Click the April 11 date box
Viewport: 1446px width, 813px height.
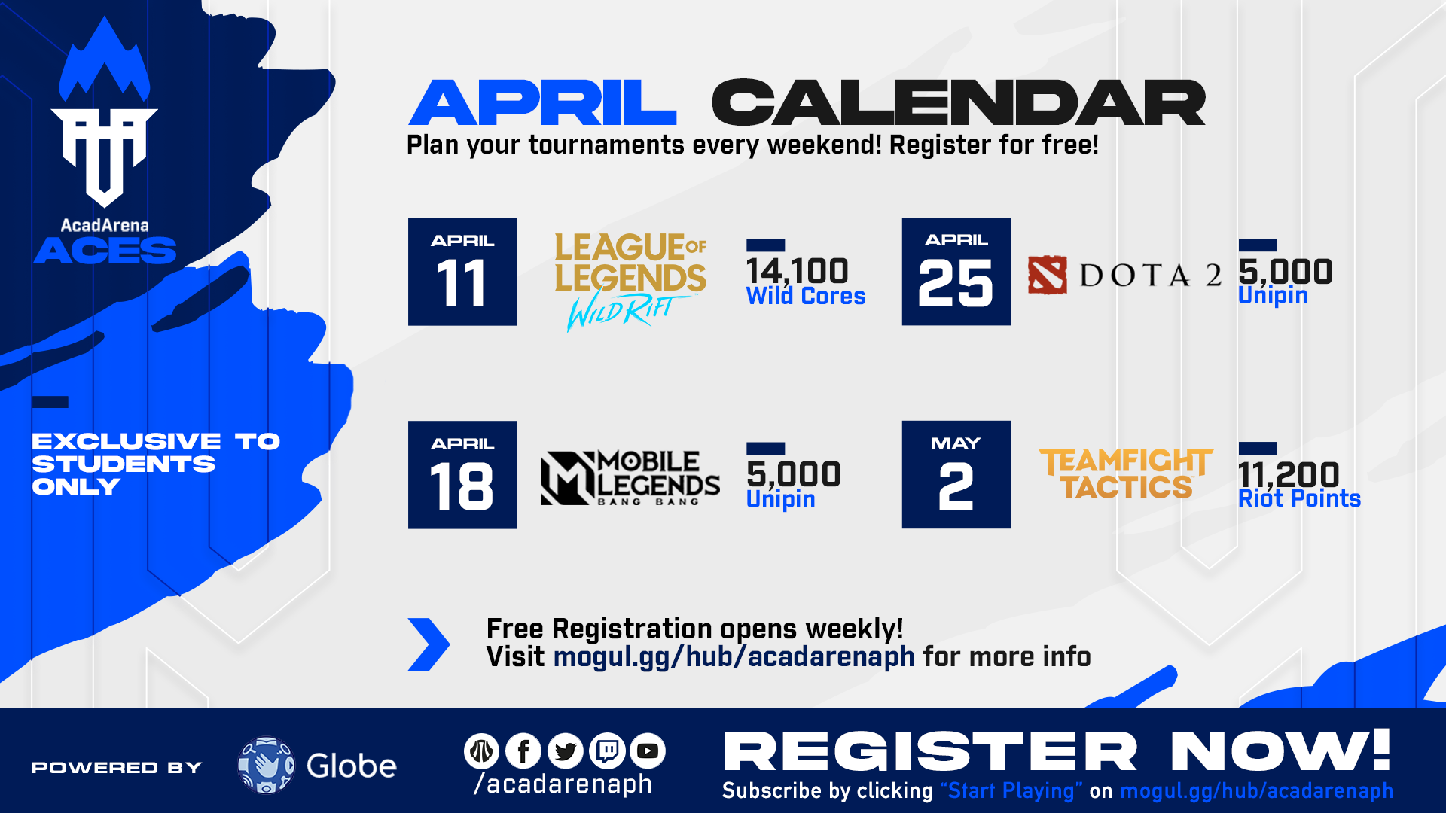pyautogui.click(x=462, y=272)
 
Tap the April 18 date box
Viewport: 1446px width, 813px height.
pyautogui.click(x=462, y=475)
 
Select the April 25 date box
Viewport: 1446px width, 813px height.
pyautogui.click(x=956, y=272)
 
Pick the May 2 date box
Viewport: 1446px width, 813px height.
pyautogui.click(x=956, y=475)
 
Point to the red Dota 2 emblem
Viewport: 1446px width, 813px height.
pyautogui.click(x=1048, y=275)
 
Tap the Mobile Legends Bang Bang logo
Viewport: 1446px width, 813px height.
pyautogui.click(x=630, y=478)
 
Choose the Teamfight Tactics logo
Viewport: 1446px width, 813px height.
pyautogui.click(x=1126, y=473)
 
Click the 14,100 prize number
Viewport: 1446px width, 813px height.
pyautogui.click(x=798, y=271)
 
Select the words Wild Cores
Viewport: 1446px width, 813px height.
pyautogui.click(x=806, y=296)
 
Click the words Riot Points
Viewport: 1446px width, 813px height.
pyautogui.click(x=1300, y=498)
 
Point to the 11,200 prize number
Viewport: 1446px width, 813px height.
pyautogui.click(x=1289, y=474)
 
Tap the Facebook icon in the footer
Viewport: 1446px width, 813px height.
pyautogui.click(x=523, y=751)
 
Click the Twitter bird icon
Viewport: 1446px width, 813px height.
pyautogui.click(x=566, y=751)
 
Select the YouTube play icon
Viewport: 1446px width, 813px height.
pyautogui.click(x=648, y=751)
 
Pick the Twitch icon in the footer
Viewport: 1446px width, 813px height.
pyautogui.click(x=607, y=751)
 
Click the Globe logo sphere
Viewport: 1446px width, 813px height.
pyautogui.click(x=266, y=766)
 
